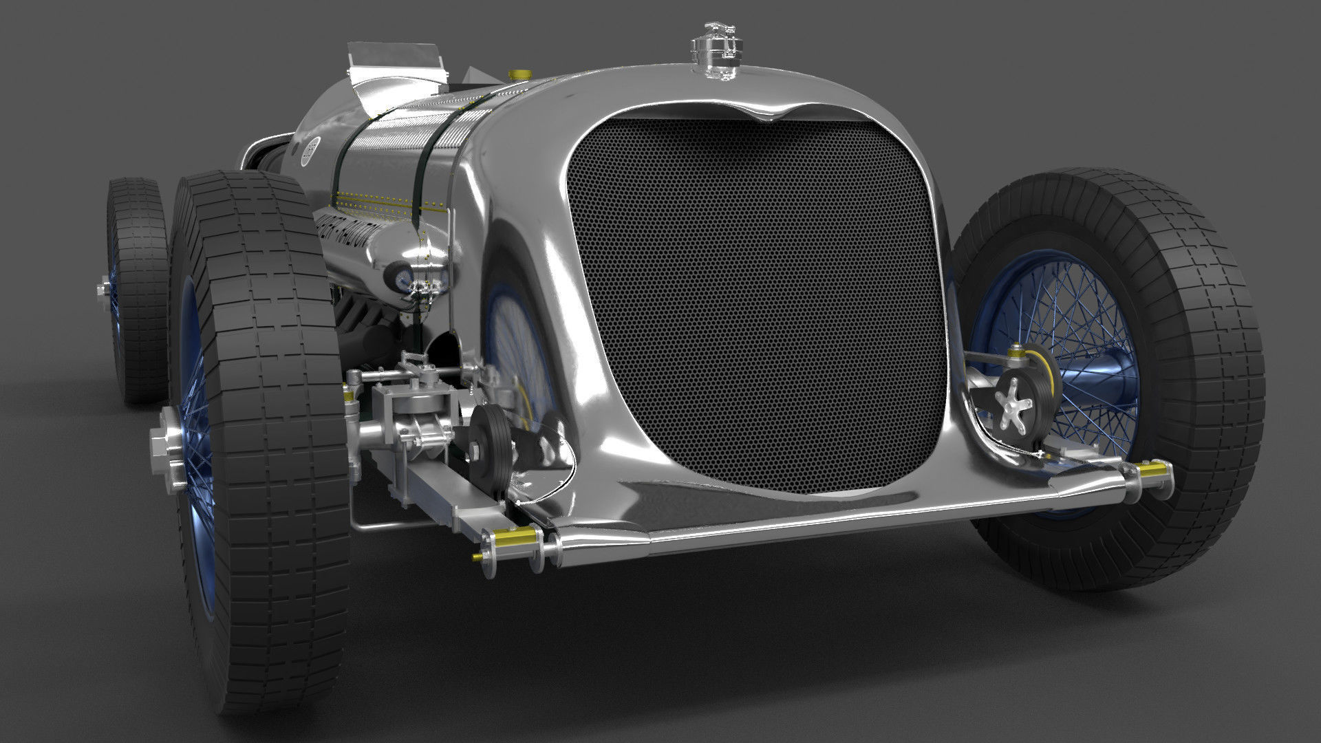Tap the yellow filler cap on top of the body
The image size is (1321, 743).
coord(517,74)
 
